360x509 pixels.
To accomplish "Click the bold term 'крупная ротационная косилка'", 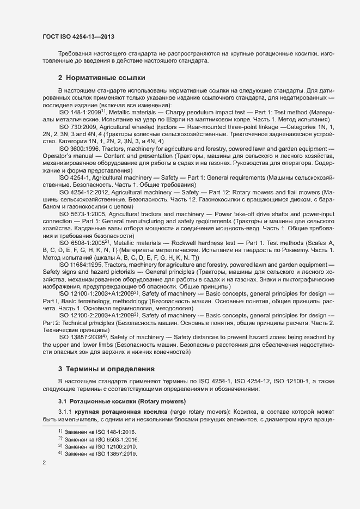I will point(121,413).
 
